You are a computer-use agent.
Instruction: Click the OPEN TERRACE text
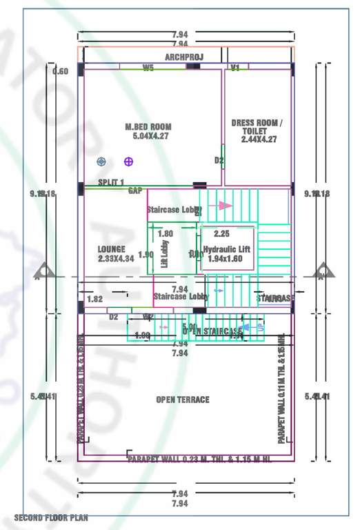tap(183, 400)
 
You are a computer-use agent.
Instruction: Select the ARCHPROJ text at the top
tap(183, 57)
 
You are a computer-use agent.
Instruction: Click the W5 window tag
tap(148, 68)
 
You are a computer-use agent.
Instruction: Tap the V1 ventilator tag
tap(235, 68)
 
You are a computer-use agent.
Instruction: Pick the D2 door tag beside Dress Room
tap(219, 161)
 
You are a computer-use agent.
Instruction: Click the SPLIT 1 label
tap(111, 182)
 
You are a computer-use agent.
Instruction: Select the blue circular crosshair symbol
tap(101, 161)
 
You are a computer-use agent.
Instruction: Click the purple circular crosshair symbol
tap(128, 161)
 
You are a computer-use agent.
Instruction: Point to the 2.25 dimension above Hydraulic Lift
tap(221, 233)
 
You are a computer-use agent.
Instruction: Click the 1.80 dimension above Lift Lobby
tap(166, 234)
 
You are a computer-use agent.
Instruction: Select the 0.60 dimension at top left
tap(61, 72)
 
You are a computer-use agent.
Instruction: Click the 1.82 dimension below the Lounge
tap(95, 299)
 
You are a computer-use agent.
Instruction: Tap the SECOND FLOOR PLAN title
tap(51, 517)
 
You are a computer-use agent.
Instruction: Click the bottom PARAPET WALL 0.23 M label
tap(199, 459)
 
